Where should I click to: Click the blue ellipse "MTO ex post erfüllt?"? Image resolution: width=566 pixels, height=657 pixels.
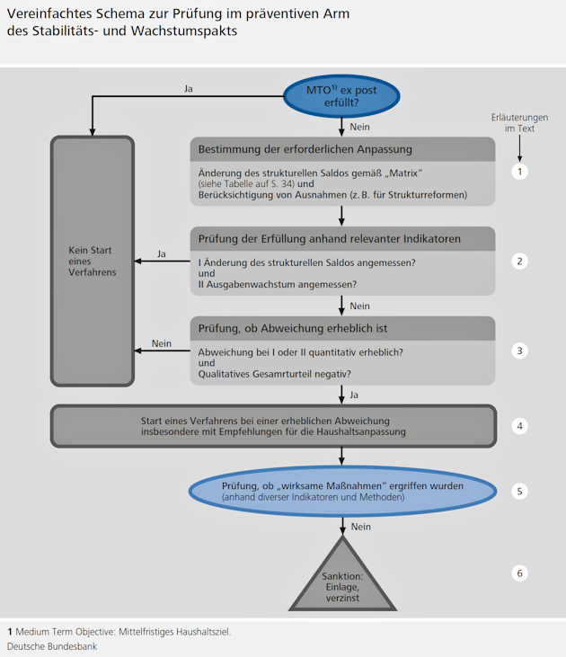coord(341,96)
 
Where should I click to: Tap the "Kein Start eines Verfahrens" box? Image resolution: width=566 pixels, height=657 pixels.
coord(93,261)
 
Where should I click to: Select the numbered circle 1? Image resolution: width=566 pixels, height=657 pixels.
coord(519,172)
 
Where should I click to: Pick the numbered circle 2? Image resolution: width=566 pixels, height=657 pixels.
coord(519,261)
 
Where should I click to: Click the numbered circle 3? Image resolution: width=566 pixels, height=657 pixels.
coord(519,351)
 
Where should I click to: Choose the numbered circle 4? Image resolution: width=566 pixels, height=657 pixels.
coord(519,426)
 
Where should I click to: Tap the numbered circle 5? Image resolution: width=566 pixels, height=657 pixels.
coord(519,491)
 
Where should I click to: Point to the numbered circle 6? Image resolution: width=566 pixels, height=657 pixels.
coord(519,573)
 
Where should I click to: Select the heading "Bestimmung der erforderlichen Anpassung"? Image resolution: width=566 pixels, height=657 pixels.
coord(305,149)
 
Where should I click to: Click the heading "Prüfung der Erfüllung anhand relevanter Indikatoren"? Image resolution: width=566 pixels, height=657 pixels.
coord(330,239)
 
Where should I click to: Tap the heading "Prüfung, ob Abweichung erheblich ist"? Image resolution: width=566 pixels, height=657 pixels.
coord(292,329)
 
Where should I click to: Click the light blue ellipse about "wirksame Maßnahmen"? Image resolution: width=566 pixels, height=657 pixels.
coord(342,491)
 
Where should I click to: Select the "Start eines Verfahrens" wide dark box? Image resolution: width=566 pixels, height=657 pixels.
coord(273,426)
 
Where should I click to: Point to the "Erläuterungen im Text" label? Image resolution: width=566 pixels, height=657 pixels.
coord(519,123)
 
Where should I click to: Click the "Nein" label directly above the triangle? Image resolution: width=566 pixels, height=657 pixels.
coord(361,527)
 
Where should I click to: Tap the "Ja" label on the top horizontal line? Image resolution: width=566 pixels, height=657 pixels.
coord(189,89)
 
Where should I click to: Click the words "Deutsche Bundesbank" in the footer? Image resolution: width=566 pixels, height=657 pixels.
coord(52,646)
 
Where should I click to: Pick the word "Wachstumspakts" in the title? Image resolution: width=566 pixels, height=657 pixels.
coord(184,31)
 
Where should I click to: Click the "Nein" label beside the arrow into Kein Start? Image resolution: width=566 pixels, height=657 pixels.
coord(162,343)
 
